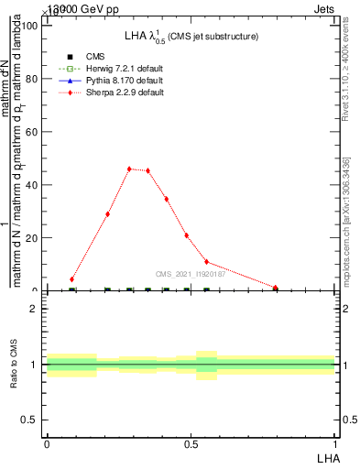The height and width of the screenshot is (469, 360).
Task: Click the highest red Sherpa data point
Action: click(x=129, y=169)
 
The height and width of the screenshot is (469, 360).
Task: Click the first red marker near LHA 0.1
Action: click(x=71, y=279)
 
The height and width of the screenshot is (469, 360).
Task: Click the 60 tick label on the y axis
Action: click(x=32, y=132)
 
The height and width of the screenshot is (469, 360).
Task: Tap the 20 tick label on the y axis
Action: click(x=32, y=238)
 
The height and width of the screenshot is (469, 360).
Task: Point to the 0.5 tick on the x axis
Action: click(x=191, y=444)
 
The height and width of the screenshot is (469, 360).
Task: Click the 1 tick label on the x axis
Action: click(x=335, y=444)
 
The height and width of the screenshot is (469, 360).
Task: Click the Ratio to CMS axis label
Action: click(x=14, y=365)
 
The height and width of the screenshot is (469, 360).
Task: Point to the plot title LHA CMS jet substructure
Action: click(x=191, y=37)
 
